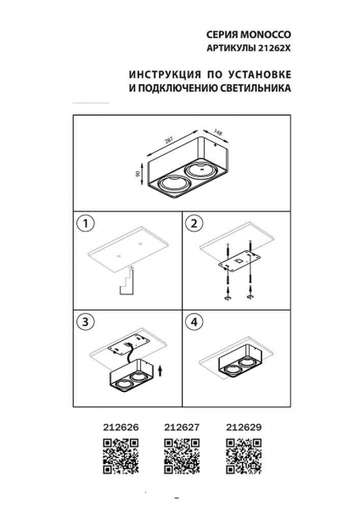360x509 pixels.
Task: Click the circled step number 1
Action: pyautogui.click(x=83, y=225)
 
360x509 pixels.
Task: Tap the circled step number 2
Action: pyautogui.click(x=194, y=225)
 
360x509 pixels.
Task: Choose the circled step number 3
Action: pyautogui.click(x=83, y=322)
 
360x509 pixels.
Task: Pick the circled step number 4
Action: pyautogui.click(x=194, y=322)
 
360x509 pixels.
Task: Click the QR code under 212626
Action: pyautogui.click(x=115, y=456)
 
